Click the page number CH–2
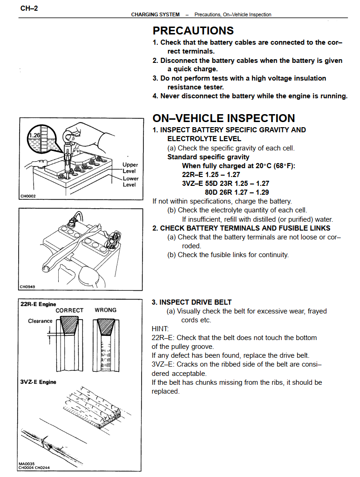coord(29,8)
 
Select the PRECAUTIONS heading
coord(193,31)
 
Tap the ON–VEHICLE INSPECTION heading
coord(224,118)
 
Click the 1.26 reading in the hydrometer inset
coord(34,135)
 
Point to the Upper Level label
coord(130,168)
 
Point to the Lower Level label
coord(130,182)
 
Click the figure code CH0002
coord(28,196)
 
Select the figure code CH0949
coord(28,286)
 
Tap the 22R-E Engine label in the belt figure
coord(38,304)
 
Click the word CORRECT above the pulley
coord(69,310)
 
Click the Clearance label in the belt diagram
coord(40,321)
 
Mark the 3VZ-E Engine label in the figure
coord(38,382)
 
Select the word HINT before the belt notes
coord(161,329)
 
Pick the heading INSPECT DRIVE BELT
coord(195,302)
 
